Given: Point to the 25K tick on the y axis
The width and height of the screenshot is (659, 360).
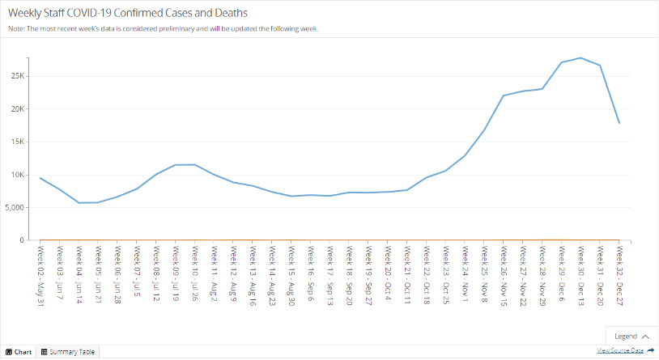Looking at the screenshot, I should tap(17, 75).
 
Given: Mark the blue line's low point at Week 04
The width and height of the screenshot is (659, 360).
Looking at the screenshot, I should tap(79, 202).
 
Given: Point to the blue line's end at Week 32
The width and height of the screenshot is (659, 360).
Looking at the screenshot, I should tap(619, 123).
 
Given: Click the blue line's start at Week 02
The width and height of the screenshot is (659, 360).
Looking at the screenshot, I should tap(40, 178).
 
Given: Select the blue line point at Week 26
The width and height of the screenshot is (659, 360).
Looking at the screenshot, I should tap(504, 95).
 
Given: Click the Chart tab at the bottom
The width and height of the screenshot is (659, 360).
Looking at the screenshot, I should tap(19, 352).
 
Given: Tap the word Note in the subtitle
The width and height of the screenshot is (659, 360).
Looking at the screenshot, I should tap(16, 28).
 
